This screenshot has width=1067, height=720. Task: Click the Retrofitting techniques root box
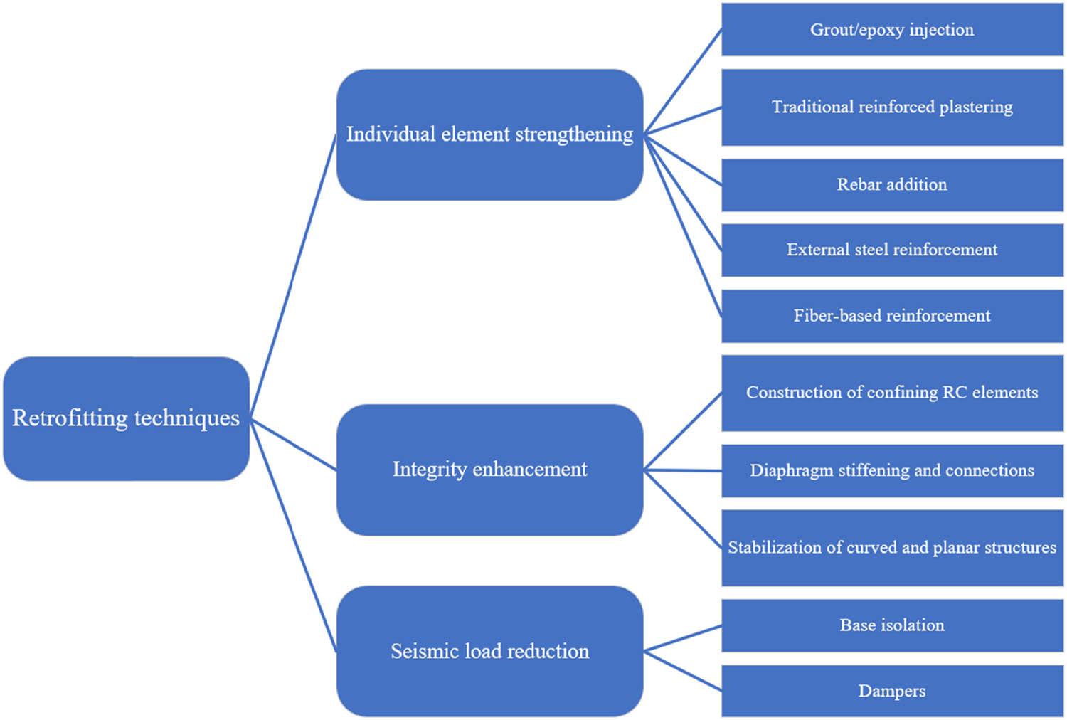126,418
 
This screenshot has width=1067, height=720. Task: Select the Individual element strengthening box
489,134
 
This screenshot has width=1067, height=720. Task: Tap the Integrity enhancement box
489,470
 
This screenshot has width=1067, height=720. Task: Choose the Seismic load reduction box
489,651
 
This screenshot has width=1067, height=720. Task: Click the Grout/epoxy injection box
892,30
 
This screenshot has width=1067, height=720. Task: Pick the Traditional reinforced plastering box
892,107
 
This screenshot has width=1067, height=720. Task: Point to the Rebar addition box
892,185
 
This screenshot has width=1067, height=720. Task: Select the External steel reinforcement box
892,250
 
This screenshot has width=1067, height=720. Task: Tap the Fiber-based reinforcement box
892,316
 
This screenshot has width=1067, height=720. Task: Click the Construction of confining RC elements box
892,393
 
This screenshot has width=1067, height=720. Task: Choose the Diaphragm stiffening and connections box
892,470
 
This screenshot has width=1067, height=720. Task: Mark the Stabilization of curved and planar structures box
892,548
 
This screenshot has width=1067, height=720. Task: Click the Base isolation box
892,625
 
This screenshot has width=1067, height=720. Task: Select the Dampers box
892,691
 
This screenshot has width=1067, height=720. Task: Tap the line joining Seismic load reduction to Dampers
683,671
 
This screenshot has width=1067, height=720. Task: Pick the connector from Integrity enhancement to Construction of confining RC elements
683,431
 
